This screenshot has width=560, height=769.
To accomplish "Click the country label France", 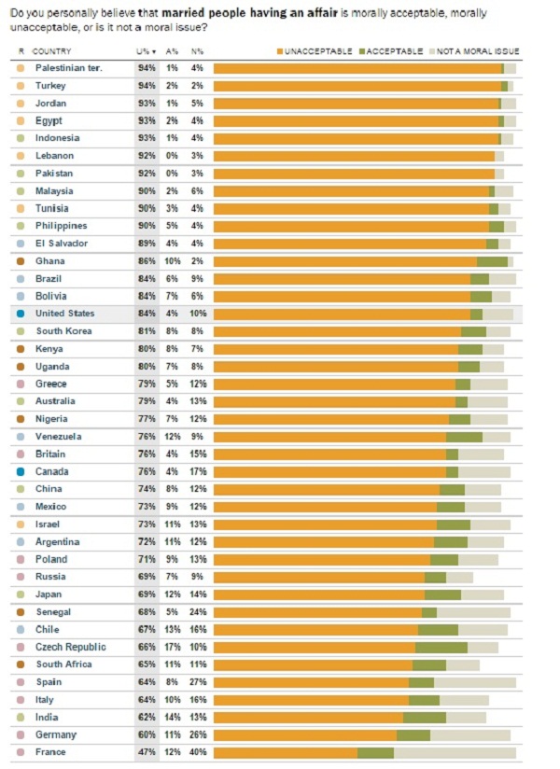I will (50, 752).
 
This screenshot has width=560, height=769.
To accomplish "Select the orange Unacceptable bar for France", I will (285, 752).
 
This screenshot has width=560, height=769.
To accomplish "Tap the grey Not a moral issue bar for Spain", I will (474, 682).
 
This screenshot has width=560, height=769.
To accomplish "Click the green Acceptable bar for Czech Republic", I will (441, 647).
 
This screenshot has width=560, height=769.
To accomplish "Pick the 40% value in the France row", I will (198, 752).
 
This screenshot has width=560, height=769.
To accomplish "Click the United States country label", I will (64, 314).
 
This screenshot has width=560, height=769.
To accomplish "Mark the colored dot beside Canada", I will (21, 471).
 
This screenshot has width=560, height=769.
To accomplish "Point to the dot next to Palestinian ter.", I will (21, 68).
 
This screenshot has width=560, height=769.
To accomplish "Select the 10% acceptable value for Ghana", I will (173, 261).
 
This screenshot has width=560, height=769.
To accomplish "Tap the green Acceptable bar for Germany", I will (413, 734).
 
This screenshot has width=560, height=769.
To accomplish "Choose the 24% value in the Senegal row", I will (198, 611).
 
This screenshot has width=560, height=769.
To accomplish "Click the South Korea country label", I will (63, 331).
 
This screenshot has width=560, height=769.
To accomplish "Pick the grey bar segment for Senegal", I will (473, 612).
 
